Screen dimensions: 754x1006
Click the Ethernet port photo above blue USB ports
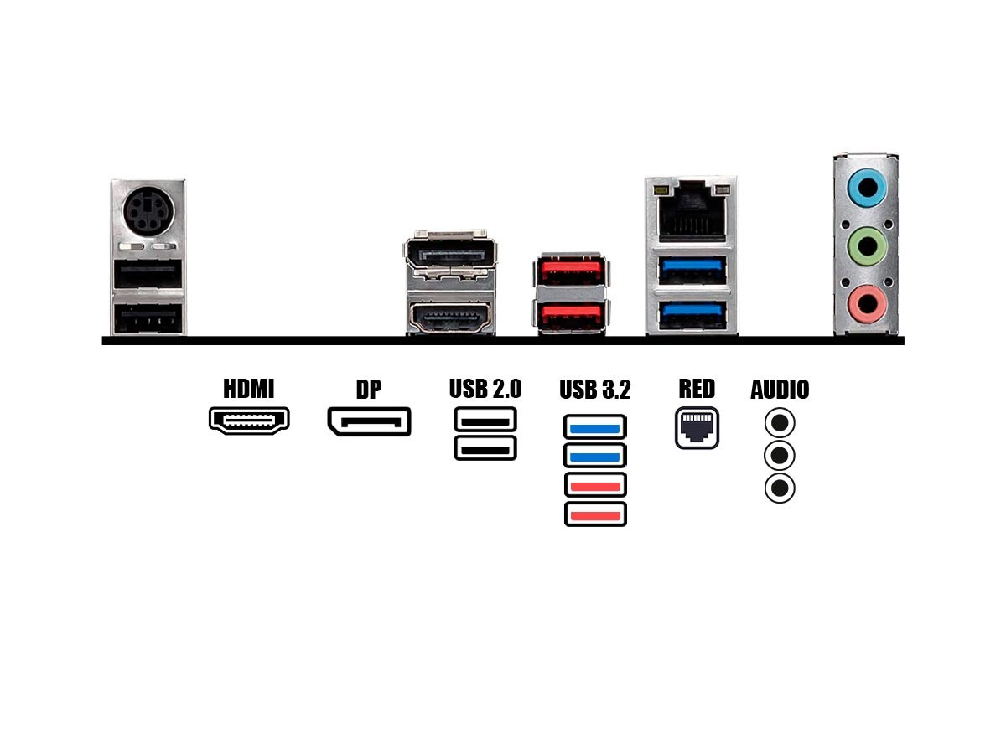coord(691,213)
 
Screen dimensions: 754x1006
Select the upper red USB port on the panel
coord(570,271)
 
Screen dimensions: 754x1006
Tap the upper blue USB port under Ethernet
coord(692,269)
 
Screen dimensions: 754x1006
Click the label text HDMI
coord(248,389)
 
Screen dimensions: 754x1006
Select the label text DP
coord(368,390)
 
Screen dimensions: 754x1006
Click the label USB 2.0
coord(485,389)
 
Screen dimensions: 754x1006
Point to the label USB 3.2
coord(594,390)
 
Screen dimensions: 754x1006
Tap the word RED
coord(697,389)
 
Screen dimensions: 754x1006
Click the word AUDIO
coord(780,390)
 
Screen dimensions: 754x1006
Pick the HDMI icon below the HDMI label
coord(249,421)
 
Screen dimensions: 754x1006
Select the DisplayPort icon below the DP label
coord(369,421)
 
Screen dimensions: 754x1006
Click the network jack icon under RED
coord(697,428)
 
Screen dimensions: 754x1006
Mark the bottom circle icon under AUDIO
coord(780,488)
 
